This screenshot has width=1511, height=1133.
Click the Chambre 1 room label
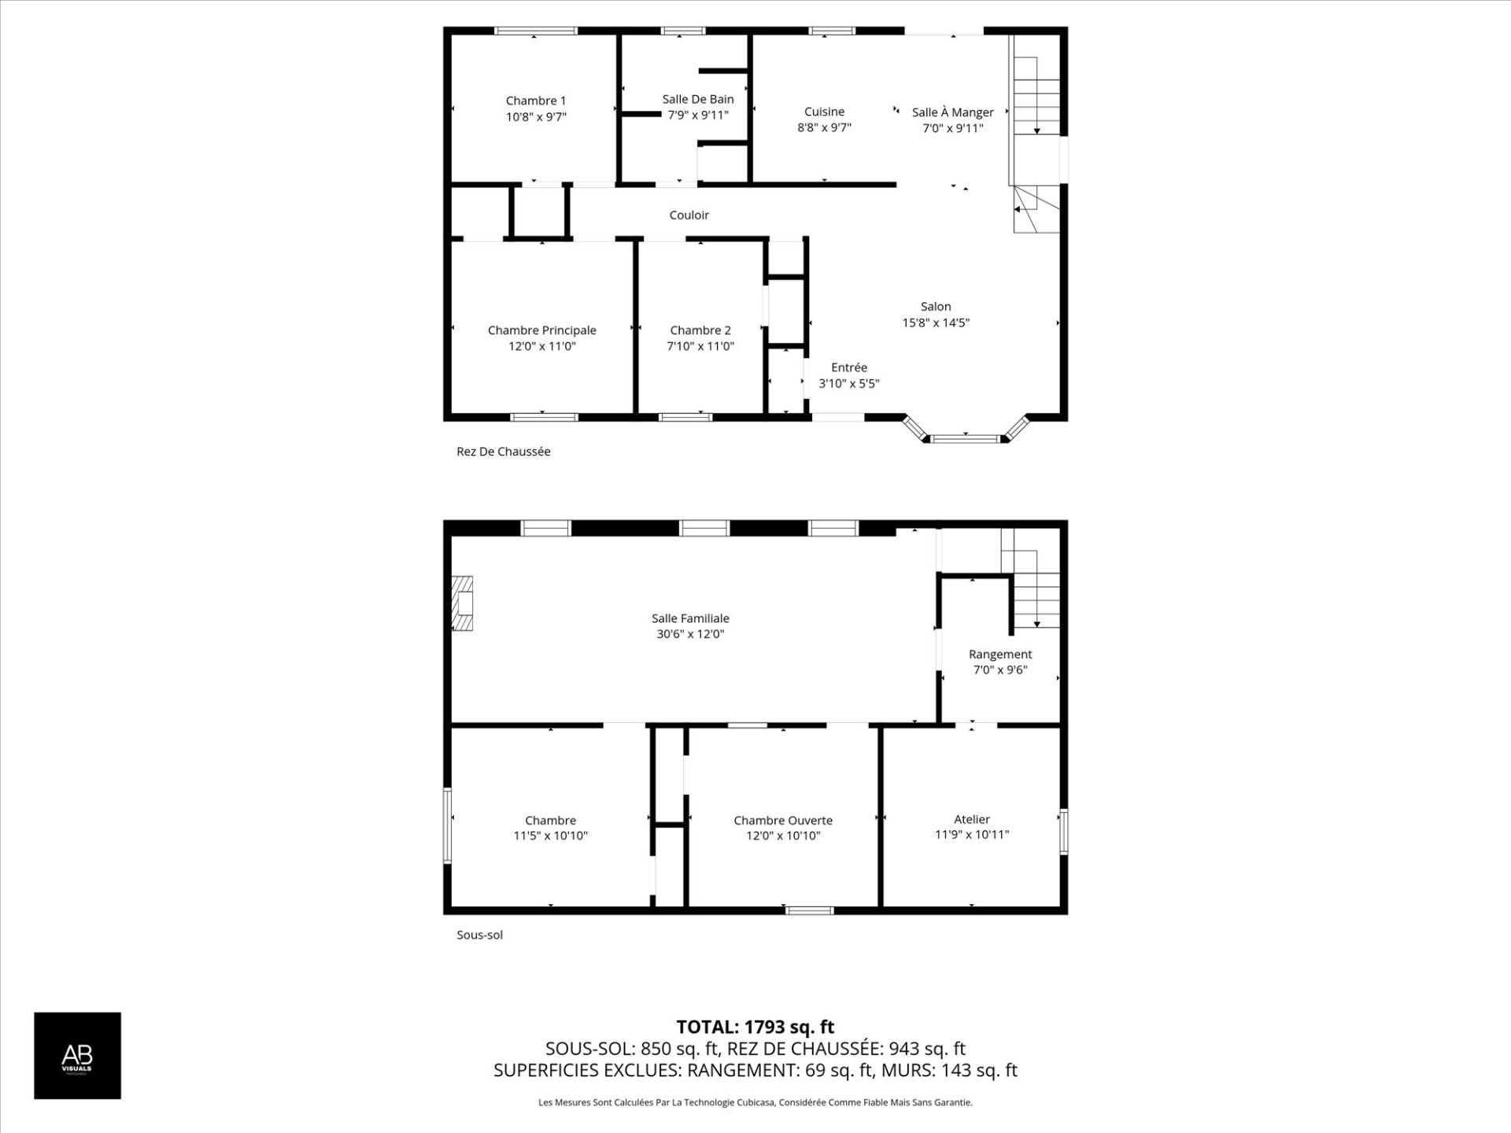click(x=535, y=101)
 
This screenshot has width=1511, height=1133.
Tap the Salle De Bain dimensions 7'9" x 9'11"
click(x=698, y=115)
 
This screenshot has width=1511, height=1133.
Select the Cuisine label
click(x=824, y=112)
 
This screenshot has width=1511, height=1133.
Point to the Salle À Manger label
click(x=952, y=113)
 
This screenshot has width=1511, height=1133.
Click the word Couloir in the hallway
click(x=689, y=215)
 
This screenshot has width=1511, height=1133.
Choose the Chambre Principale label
click(x=541, y=330)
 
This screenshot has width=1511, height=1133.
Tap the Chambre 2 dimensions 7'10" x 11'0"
click(x=700, y=346)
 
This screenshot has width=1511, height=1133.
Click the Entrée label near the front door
click(x=848, y=367)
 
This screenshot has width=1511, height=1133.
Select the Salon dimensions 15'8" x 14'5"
click(x=936, y=323)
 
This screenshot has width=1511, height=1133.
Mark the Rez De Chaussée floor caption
click(x=503, y=452)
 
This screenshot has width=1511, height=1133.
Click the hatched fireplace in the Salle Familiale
click(x=462, y=603)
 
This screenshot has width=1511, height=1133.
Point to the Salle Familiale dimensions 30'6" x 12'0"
click(x=690, y=634)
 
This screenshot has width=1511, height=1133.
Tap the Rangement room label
click(x=999, y=655)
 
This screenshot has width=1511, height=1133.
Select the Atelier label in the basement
click(x=971, y=819)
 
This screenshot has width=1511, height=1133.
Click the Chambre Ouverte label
click(x=782, y=821)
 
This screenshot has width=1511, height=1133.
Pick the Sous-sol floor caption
click(x=479, y=935)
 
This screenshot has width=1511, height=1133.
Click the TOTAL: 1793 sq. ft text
click(x=755, y=1027)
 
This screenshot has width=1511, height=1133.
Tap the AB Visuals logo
click(x=77, y=1055)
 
